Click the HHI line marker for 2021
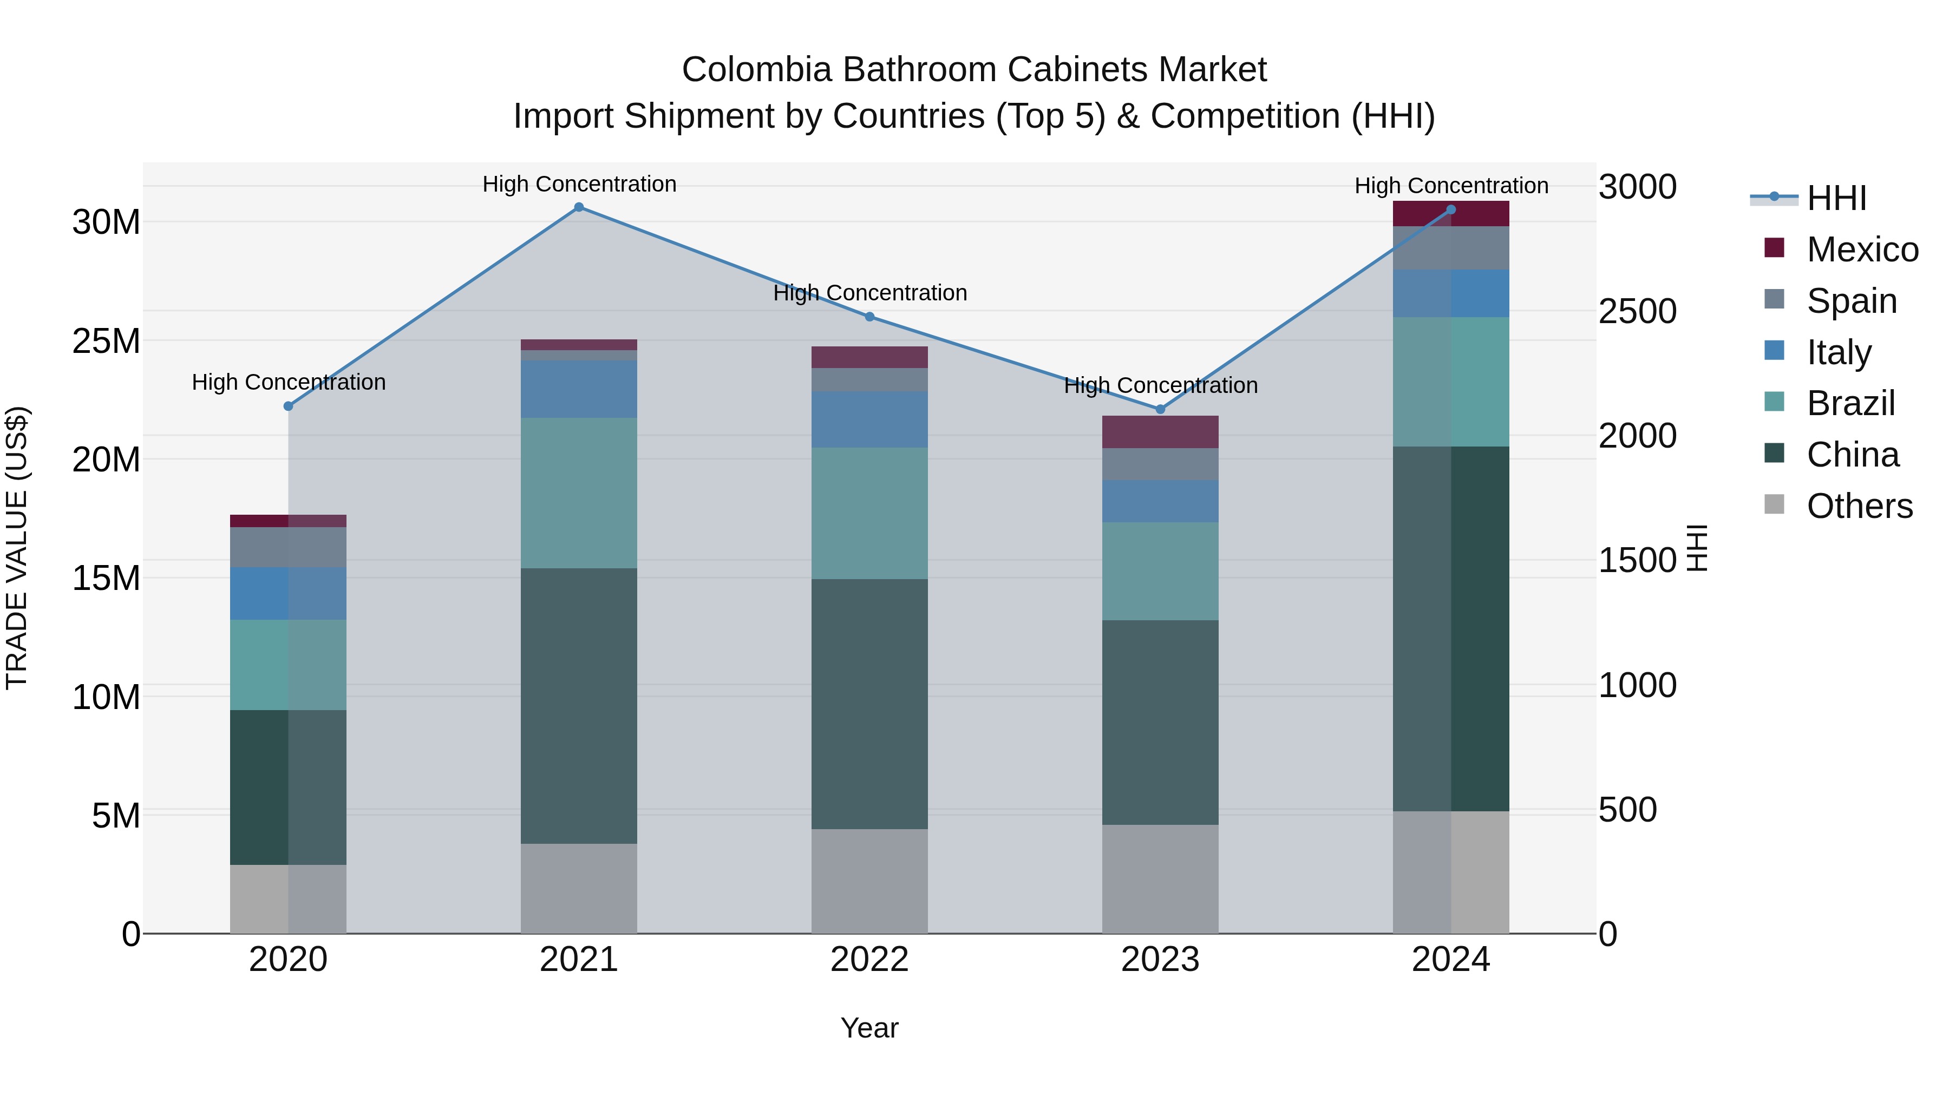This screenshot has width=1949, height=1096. [579, 207]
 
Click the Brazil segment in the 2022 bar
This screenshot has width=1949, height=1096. [869, 513]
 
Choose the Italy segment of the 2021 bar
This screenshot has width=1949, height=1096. [579, 389]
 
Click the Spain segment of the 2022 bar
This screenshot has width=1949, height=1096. [869, 380]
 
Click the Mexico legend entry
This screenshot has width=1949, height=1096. [1862, 250]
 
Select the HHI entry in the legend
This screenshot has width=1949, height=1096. [1836, 198]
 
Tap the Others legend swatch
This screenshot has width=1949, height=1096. [1774, 504]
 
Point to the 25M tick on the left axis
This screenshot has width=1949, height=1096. [106, 341]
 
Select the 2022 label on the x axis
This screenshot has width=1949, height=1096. [869, 960]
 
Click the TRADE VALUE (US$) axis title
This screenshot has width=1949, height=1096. [17, 548]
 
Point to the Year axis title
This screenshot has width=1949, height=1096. [869, 1028]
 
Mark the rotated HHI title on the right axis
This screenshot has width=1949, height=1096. [1698, 548]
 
